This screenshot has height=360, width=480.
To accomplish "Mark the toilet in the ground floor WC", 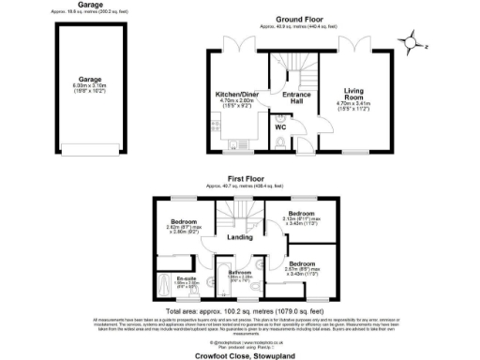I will pyautogui.click(x=282, y=142).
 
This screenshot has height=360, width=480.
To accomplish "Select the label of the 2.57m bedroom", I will pyautogui.click(x=307, y=267).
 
